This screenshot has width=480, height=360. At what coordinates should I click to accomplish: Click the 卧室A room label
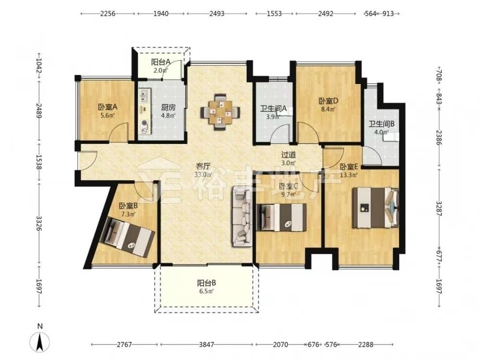tap(108, 107)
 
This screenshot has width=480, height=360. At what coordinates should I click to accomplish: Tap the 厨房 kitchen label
tap(168, 108)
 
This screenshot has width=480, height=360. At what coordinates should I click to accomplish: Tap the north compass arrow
tap(39, 342)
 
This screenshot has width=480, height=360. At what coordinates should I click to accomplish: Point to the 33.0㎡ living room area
tap(203, 175)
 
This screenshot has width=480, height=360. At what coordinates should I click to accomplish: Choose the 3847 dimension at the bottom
tap(206, 344)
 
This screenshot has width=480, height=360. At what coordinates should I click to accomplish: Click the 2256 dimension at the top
tap(108, 13)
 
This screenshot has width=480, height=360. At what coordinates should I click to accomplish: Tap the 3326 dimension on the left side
tap(39, 224)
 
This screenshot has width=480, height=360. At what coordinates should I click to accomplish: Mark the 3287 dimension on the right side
tap(439, 208)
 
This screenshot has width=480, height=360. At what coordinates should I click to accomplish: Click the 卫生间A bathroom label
tap(274, 108)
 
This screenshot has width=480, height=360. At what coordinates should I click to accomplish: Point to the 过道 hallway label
tap(288, 155)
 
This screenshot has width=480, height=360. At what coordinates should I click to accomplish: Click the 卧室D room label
tap(328, 101)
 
